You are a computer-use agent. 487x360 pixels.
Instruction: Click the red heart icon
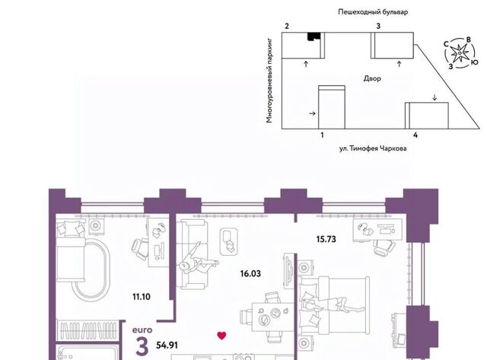[221, 335]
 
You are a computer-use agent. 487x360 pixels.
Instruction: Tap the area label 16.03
[250, 274]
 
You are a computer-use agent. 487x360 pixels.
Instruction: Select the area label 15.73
[326, 239]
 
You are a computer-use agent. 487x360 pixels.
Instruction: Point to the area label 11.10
[142, 297]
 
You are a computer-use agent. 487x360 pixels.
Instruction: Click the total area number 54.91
[167, 345]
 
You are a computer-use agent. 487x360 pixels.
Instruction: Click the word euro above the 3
[142, 330]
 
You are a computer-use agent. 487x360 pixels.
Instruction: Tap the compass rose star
[459, 54]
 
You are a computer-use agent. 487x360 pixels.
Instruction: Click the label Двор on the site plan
[372, 78]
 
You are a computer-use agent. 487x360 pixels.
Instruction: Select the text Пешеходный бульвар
[373, 12]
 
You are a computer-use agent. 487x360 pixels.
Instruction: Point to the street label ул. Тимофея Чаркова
[373, 148]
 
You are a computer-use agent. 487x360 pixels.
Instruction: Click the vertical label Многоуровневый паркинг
[269, 81]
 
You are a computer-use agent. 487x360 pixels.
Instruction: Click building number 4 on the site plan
[415, 135]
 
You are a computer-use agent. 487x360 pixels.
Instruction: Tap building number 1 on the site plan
[322, 135]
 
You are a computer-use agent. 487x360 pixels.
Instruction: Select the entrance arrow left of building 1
[313, 113]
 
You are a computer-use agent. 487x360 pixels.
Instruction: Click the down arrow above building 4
[434, 97]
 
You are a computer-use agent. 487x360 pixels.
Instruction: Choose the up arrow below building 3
[399, 64]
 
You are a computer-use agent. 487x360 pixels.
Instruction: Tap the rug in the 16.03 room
[229, 242]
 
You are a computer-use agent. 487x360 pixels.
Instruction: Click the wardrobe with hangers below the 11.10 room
[88, 330]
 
